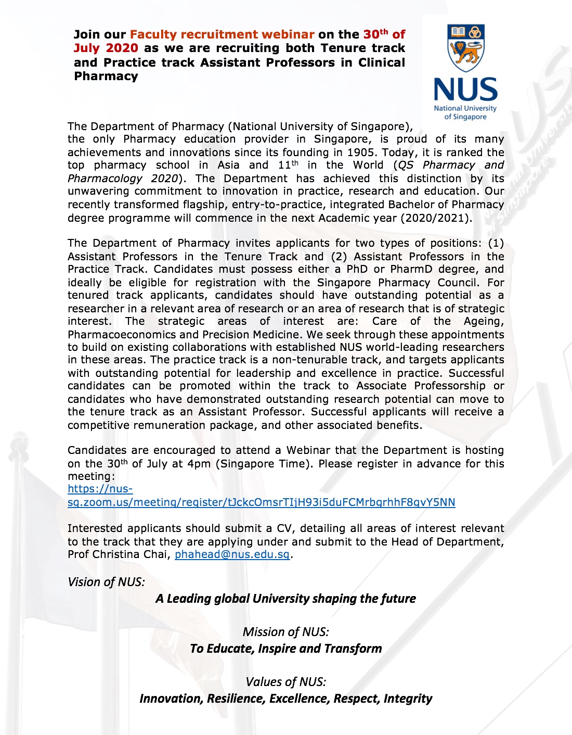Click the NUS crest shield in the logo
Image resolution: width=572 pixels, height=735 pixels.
pyautogui.click(x=465, y=48)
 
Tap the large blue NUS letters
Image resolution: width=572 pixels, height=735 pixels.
pyautogui.click(x=465, y=90)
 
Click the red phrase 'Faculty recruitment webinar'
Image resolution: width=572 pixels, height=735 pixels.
pyautogui.click(x=222, y=34)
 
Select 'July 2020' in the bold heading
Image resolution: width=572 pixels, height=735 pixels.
pyautogui.click(x=106, y=48)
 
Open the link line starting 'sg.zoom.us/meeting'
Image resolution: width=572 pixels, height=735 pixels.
pyautogui.click(x=261, y=502)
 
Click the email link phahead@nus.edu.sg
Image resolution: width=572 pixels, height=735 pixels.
pyautogui.click(x=232, y=554)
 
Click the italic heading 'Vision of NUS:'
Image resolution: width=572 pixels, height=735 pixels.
pyautogui.click(x=106, y=582)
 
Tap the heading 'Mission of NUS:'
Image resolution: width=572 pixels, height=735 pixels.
pyautogui.click(x=285, y=632)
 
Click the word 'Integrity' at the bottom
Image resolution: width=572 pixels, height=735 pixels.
pyautogui.click(x=408, y=699)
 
